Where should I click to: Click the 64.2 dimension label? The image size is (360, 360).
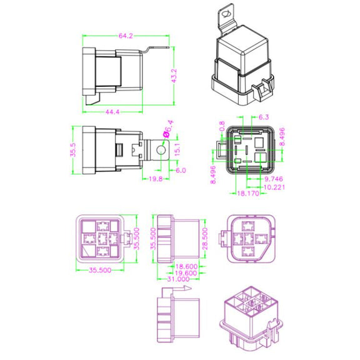[126, 36]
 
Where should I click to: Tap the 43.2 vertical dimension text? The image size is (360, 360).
[174, 76]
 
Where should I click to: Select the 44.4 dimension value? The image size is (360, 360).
[112, 112]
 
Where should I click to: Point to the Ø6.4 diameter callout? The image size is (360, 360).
[168, 129]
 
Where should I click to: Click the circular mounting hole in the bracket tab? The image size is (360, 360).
[161, 151]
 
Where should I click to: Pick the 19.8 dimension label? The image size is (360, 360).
[156, 179]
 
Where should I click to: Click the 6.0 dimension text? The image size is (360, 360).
[181, 171]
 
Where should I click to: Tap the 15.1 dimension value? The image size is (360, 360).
[177, 150]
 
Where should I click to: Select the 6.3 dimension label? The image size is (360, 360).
[264, 117]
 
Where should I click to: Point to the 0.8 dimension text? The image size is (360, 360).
[222, 126]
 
